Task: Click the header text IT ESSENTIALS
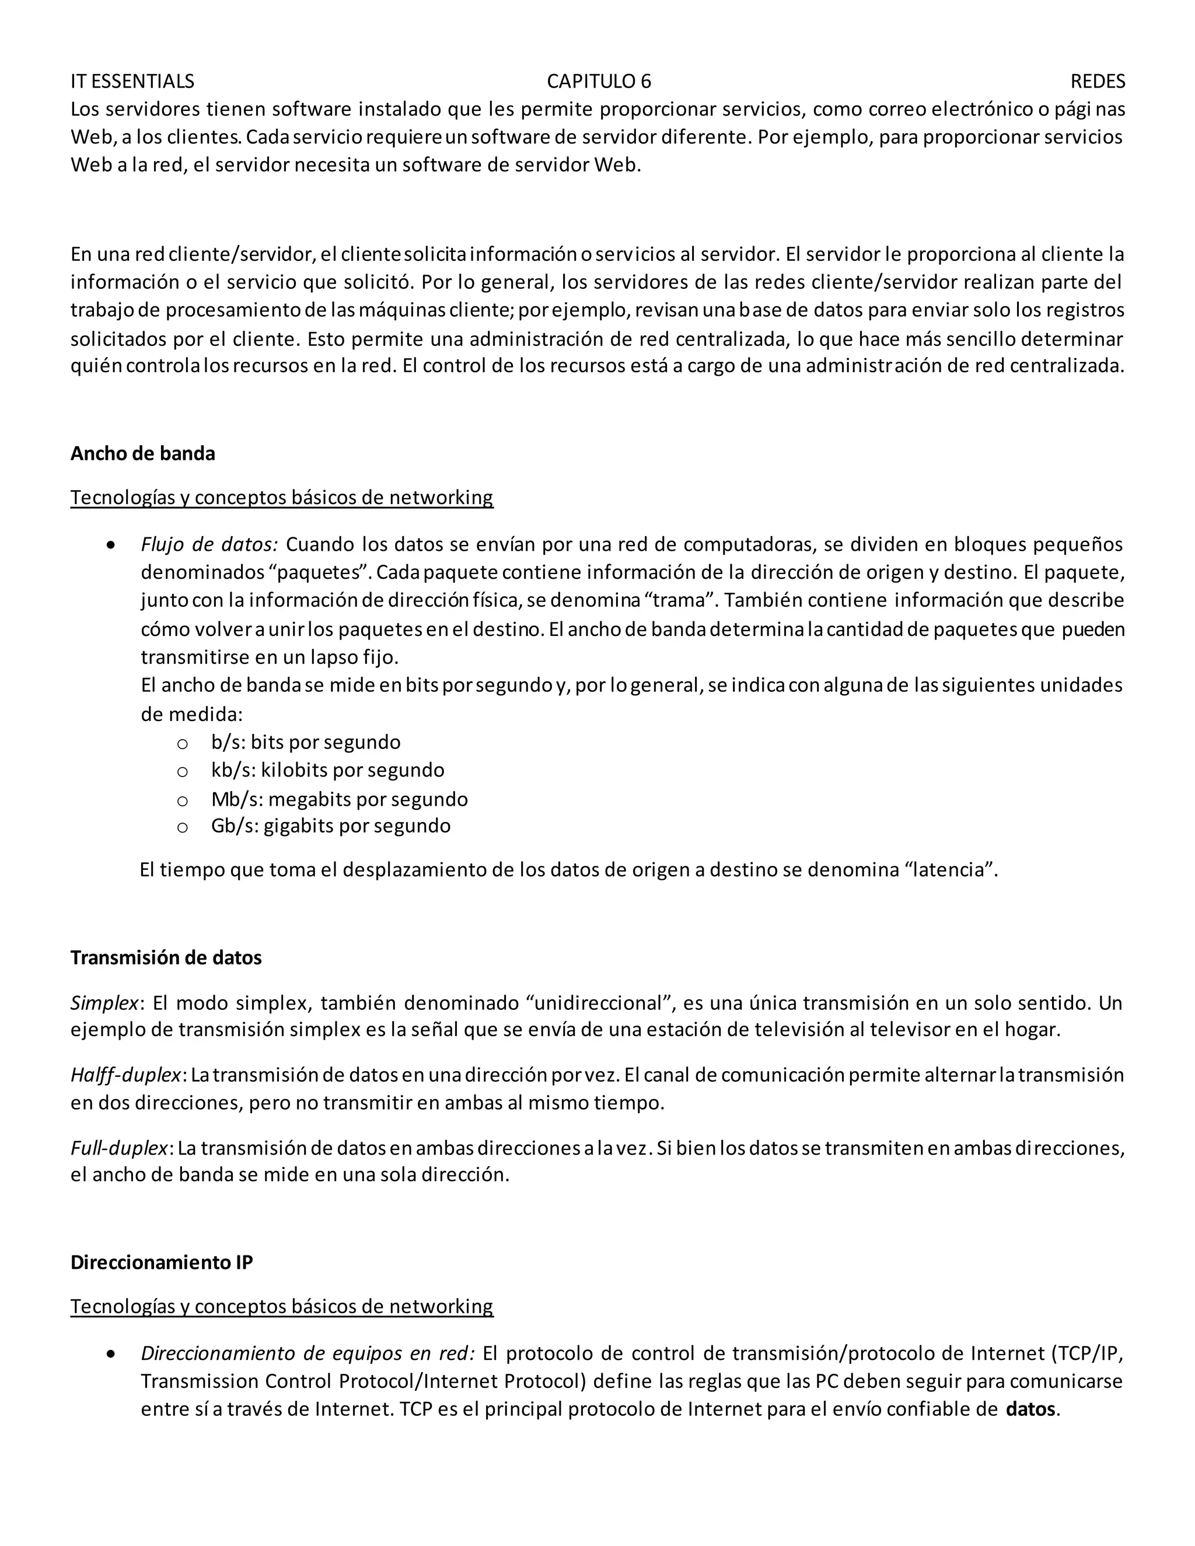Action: (132, 82)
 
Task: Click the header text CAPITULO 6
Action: (599, 82)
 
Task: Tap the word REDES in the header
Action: (1098, 82)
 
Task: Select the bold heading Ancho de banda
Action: (142, 454)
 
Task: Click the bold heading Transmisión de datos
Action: (166, 958)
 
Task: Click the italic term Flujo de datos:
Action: (209, 544)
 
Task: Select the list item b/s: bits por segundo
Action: (305, 742)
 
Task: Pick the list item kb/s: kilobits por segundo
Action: (327, 770)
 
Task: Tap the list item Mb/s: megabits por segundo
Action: (339, 799)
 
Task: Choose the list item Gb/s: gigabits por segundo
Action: (331, 826)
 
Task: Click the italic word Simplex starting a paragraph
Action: (104, 1003)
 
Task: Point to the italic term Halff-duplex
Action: (126, 1075)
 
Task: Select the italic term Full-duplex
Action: (120, 1148)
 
